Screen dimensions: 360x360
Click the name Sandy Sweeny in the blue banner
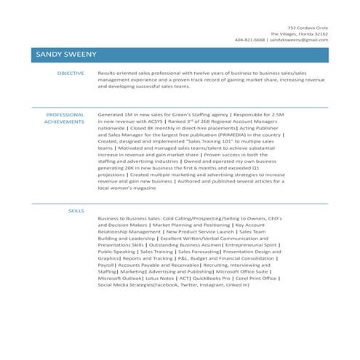click(66, 55)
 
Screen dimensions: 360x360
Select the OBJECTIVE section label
click(71, 73)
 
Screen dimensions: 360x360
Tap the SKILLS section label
click(76, 209)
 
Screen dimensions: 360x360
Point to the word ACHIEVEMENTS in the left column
click(64, 122)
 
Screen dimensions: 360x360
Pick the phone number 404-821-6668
click(250, 40)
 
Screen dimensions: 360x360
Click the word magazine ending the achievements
click(143, 188)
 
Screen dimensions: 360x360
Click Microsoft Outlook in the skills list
click(119, 278)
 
